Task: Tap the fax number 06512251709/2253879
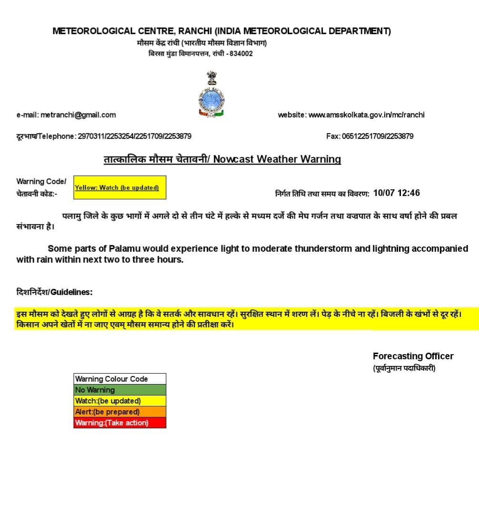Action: click(x=378, y=136)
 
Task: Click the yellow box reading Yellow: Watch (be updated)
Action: click(x=120, y=187)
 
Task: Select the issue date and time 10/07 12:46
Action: click(x=397, y=193)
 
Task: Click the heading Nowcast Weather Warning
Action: click(x=277, y=159)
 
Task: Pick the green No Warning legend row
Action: click(x=120, y=390)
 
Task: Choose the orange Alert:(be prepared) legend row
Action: click(x=120, y=412)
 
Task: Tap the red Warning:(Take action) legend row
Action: click(x=120, y=423)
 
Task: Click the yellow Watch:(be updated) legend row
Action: click(x=120, y=401)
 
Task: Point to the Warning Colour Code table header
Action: click(x=120, y=379)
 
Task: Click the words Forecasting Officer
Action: click(x=413, y=356)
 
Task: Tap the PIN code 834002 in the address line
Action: click(x=241, y=53)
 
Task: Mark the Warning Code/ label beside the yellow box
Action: click(x=41, y=181)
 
